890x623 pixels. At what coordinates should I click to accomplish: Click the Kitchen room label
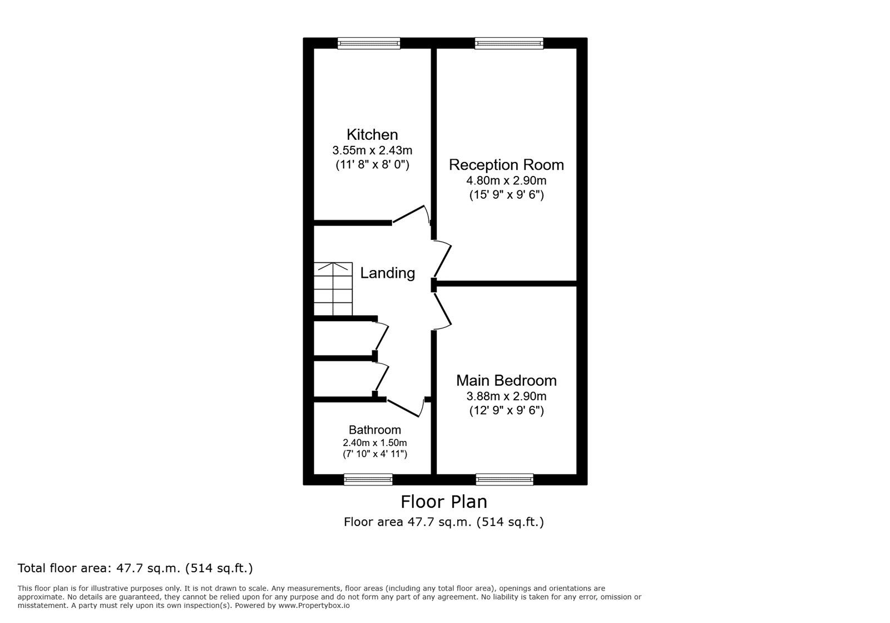pos(372,135)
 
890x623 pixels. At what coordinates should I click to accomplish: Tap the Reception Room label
pos(506,165)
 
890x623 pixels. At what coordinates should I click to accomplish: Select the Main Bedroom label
pos(506,381)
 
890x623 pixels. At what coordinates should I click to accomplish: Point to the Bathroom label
pos(375,430)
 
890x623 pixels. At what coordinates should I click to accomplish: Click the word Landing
pos(388,273)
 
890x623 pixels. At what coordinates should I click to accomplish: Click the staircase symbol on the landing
pos(333,289)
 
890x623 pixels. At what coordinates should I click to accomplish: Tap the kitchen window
pos(369,43)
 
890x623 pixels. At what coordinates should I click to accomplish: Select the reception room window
pos(509,43)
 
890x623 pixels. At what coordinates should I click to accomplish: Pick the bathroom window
pos(368,479)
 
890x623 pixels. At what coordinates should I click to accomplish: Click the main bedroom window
pos(505,479)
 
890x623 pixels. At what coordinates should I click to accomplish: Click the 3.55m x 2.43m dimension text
pos(372,150)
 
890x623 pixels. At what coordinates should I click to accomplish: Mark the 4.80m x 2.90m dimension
pos(506,180)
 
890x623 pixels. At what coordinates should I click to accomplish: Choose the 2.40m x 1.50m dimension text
pos(375,443)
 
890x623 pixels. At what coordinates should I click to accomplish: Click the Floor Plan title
pos(444,502)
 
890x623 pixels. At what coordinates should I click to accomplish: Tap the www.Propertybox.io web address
pos(314,605)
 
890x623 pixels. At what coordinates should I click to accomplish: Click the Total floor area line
pos(135,568)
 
